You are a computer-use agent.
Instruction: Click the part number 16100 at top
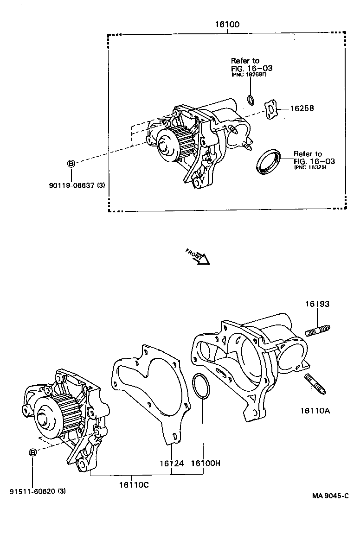[227, 25]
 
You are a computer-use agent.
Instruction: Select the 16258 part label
[302, 108]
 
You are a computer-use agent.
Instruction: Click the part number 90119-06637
[74, 185]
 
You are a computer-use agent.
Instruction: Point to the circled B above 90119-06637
[71, 163]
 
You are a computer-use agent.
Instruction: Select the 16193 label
[317, 304]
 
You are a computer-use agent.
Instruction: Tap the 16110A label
[315, 410]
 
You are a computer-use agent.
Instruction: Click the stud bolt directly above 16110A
[315, 384]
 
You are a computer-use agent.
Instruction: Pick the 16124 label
[172, 463]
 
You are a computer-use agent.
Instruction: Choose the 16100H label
[205, 463]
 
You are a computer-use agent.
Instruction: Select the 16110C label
[134, 485]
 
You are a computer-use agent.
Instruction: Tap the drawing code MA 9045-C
[330, 496]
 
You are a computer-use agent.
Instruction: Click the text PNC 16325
[310, 167]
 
